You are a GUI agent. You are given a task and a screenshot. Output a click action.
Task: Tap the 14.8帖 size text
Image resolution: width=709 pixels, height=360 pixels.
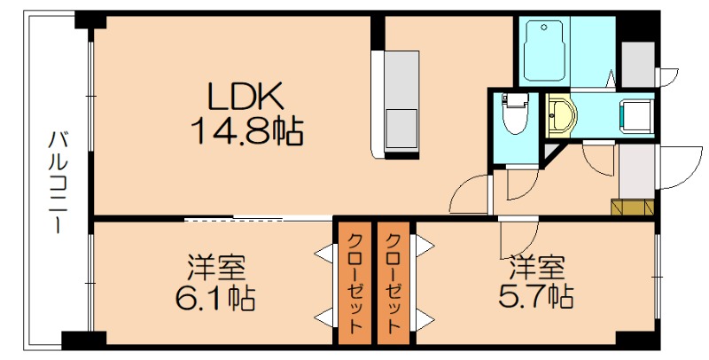pyautogui.click(x=245, y=132)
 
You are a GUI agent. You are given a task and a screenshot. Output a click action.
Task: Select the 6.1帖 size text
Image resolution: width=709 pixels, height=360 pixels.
pyautogui.click(x=215, y=295)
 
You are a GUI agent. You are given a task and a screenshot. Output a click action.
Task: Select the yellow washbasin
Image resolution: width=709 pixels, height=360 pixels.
pyautogui.click(x=561, y=114)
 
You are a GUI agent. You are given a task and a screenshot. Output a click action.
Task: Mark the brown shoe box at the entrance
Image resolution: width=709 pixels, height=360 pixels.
pyautogui.click(x=632, y=207)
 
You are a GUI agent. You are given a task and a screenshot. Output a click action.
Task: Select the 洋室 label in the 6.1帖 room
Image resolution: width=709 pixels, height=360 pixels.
pyautogui.click(x=215, y=266)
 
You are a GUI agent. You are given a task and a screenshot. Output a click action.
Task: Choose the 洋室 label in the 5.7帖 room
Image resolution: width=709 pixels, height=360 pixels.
pyautogui.click(x=536, y=266)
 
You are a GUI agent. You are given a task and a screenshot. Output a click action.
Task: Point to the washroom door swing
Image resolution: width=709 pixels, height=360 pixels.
pyautogui.click(x=598, y=158)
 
